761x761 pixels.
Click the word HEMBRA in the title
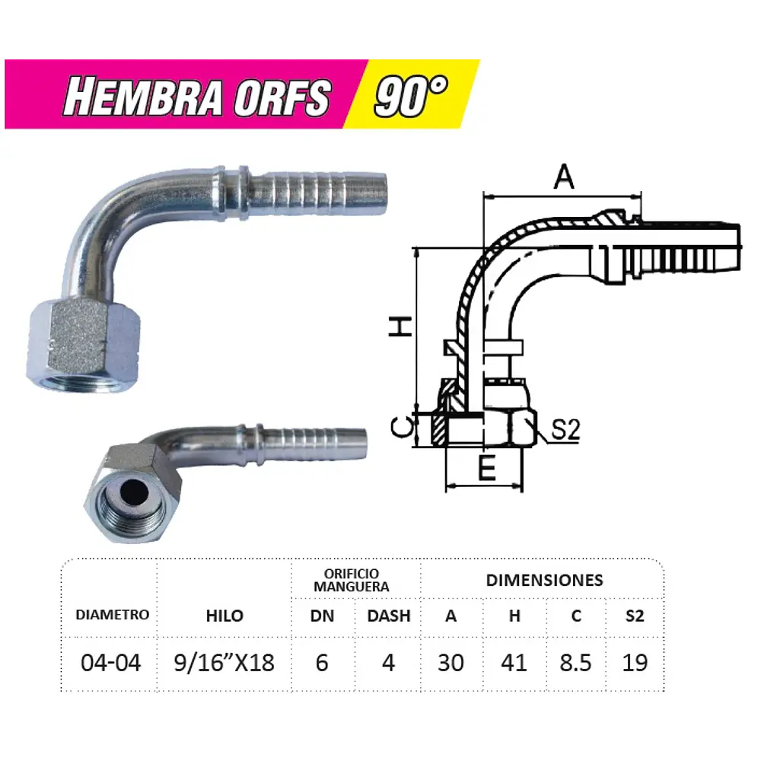pyautogui.click(x=142, y=97)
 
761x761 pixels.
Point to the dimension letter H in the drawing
pyautogui.click(x=401, y=326)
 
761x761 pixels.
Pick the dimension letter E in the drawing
pyautogui.click(x=487, y=469)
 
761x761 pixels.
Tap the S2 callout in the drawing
pyautogui.click(x=565, y=431)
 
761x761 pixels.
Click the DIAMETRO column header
pyautogui.click(x=112, y=615)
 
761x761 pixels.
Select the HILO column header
pyautogui.click(x=224, y=616)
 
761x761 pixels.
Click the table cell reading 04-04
pyautogui.click(x=111, y=662)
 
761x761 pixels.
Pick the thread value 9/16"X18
pyautogui.click(x=224, y=662)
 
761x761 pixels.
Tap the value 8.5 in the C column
pyautogui.click(x=575, y=662)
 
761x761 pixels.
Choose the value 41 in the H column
pyautogui.click(x=514, y=662)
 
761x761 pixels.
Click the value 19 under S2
pyautogui.click(x=635, y=662)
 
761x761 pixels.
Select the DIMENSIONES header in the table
pyautogui.click(x=544, y=580)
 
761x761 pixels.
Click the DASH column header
pyautogui.click(x=388, y=616)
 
